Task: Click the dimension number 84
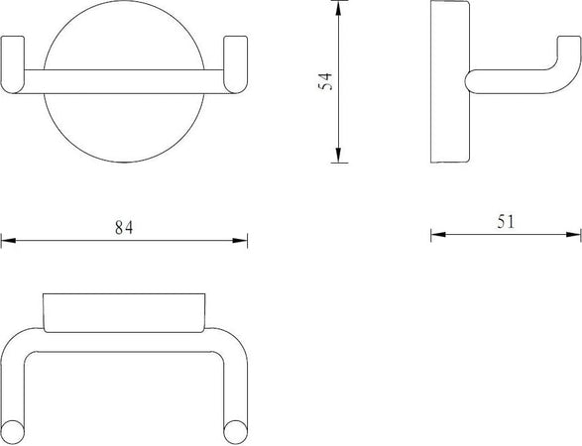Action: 123,226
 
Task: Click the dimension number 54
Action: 326,83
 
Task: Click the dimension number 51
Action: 506,223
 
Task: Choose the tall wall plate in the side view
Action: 442,83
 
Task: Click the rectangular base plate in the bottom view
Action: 124,310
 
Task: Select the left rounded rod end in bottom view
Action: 14,428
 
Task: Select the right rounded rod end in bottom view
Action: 234,428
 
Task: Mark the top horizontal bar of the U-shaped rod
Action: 124,343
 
